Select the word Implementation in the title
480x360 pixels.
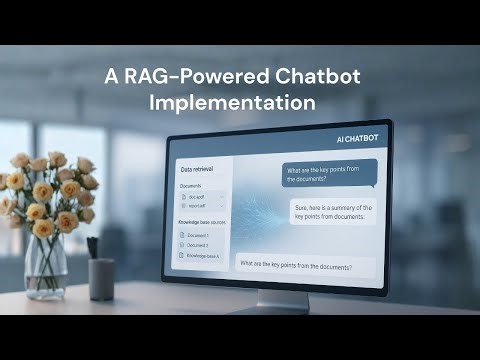pos(232,102)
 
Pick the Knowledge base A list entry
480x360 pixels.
pos(204,256)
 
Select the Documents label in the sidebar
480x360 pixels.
pos(191,186)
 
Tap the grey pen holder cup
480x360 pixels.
pos(101,279)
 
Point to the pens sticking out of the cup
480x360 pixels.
pos(92,248)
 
